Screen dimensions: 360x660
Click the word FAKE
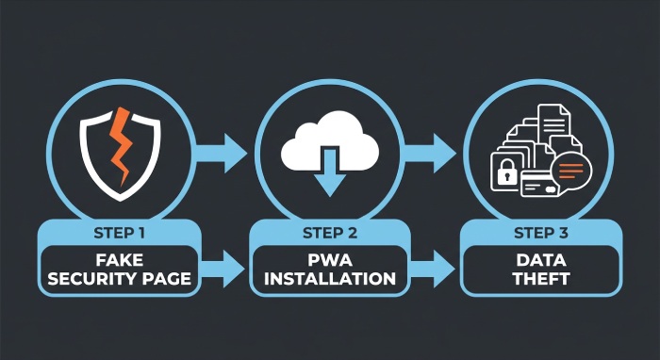coord(119,258)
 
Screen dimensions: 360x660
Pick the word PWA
coord(329,258)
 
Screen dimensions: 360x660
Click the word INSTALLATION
coord(329,279)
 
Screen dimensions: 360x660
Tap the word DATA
coord(540,258)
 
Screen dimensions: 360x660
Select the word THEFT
coord(540,279)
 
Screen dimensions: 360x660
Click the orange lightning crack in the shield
coord(120,146)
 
